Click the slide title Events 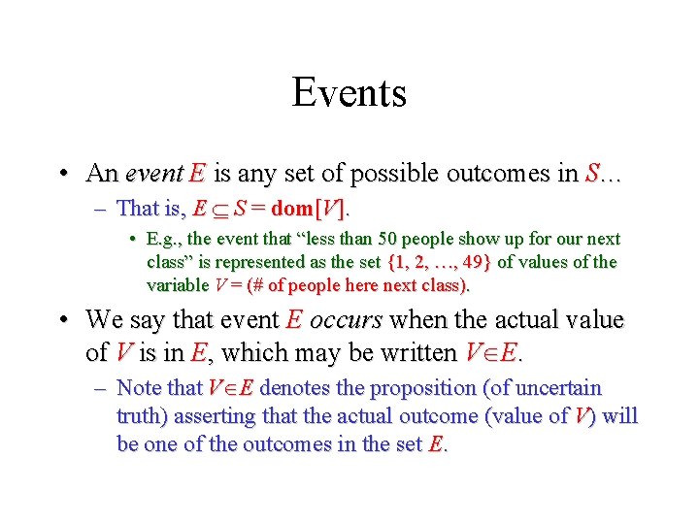point(349,93)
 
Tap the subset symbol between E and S point(219,209)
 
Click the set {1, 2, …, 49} point(440,262)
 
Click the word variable point(177,285)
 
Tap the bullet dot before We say point(61,321)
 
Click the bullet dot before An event point(61,175)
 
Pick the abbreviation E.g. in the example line point(161,239)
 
